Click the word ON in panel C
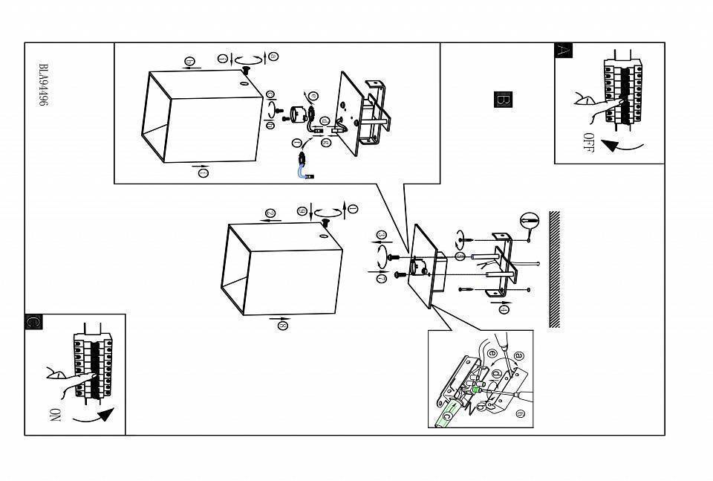coord(53,415)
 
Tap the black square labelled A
coord(564,51)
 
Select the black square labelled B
coord(503,100)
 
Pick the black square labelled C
coord(33,322)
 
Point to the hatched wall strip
coord(554,269)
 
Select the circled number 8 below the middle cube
coord(282,325)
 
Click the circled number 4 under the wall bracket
coord(504,309)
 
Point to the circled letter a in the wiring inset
coord(519,356)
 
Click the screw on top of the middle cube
coord(325,224)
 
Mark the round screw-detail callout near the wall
coord(529,221)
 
